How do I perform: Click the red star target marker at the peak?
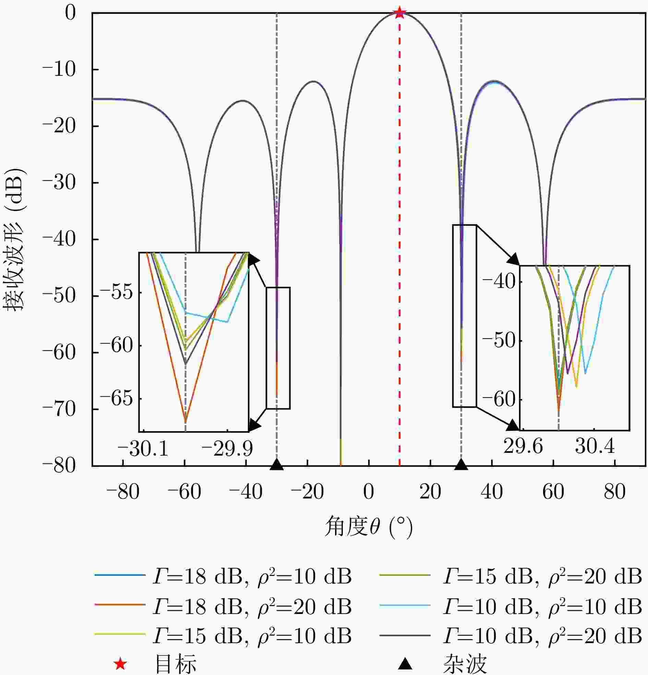pos(399,13)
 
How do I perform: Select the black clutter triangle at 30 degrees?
pos(461,465)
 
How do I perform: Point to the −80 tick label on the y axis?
pos(59,466)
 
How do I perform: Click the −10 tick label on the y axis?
pos(59,70)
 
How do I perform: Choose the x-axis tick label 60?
pos(553,492)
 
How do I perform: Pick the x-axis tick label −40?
pos(245,492)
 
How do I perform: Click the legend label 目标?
pos(176,664)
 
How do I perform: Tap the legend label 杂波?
pos(465,664)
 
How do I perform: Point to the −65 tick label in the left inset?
pos(116,398)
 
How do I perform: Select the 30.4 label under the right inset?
pos(595,446)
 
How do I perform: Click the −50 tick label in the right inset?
pos(499,341)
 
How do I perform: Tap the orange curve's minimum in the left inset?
pos(185,422)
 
